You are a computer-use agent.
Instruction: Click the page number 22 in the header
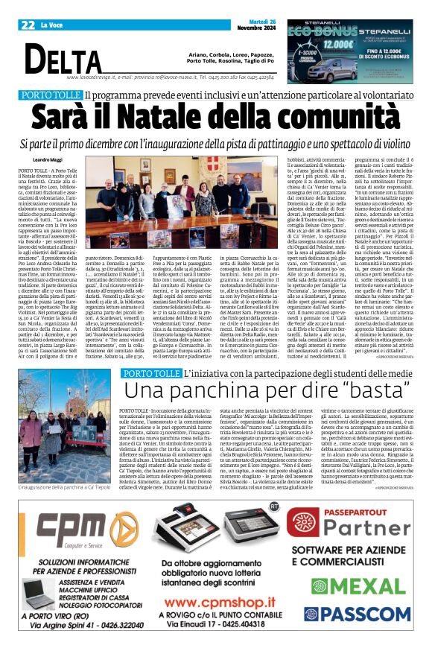click(x=29, y=25)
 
